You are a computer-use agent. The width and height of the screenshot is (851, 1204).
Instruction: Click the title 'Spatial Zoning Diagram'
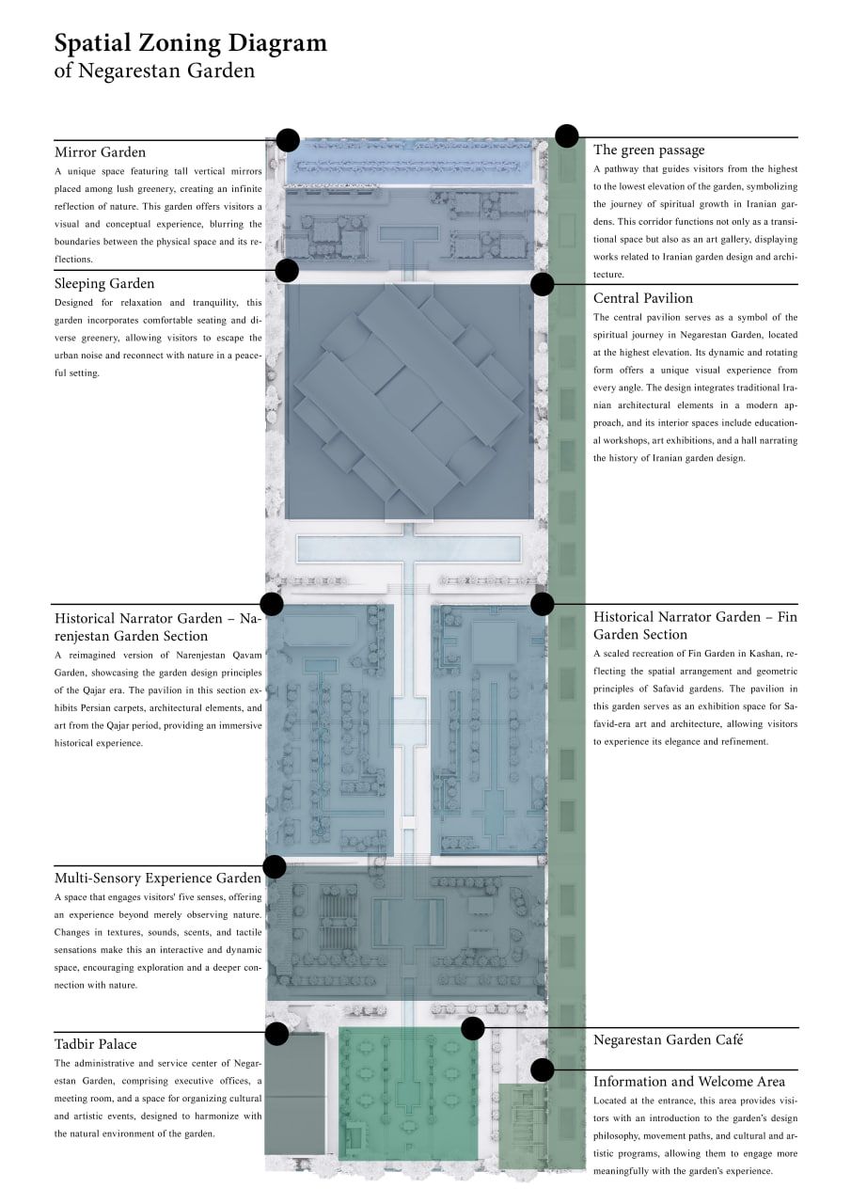pos(190,43)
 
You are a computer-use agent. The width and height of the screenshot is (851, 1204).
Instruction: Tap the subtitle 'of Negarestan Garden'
pos(154,71)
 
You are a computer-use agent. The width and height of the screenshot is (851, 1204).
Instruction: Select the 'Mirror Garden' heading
pos(100,152)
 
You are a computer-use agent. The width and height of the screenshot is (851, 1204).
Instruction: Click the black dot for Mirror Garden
pos(288,140)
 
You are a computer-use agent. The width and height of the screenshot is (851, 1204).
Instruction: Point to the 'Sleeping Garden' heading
pos(104,284)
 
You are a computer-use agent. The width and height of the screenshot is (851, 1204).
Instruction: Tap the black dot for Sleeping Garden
pos(287,270)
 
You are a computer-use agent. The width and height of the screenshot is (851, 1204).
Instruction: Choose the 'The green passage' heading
pos(649,150)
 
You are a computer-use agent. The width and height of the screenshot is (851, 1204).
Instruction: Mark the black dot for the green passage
pos(567,135)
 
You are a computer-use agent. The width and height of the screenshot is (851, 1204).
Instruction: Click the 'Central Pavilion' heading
pos(643,298)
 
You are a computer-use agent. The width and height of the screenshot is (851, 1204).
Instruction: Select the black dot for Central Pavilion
pos(542,284)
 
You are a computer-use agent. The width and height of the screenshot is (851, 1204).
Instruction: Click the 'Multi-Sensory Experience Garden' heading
pos(158,879)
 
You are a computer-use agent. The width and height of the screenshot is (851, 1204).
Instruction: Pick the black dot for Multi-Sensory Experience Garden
pos(275,866)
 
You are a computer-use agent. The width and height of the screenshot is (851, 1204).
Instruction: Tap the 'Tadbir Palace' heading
pos(96,1044)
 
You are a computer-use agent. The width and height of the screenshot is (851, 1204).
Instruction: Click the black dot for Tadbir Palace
pos(276,1034)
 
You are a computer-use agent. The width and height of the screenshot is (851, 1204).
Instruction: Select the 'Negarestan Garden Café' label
pos(668,1040)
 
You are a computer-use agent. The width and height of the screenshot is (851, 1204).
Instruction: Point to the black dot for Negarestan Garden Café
pos(473,1028)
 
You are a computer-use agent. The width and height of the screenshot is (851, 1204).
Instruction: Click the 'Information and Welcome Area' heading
pos(689,1082)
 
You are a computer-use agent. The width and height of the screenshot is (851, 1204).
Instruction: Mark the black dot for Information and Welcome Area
pos(542,1069)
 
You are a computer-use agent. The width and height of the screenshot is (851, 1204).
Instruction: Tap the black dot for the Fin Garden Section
pos(542,604)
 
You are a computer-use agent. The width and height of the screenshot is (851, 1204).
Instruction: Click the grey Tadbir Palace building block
pos(295,1093)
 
